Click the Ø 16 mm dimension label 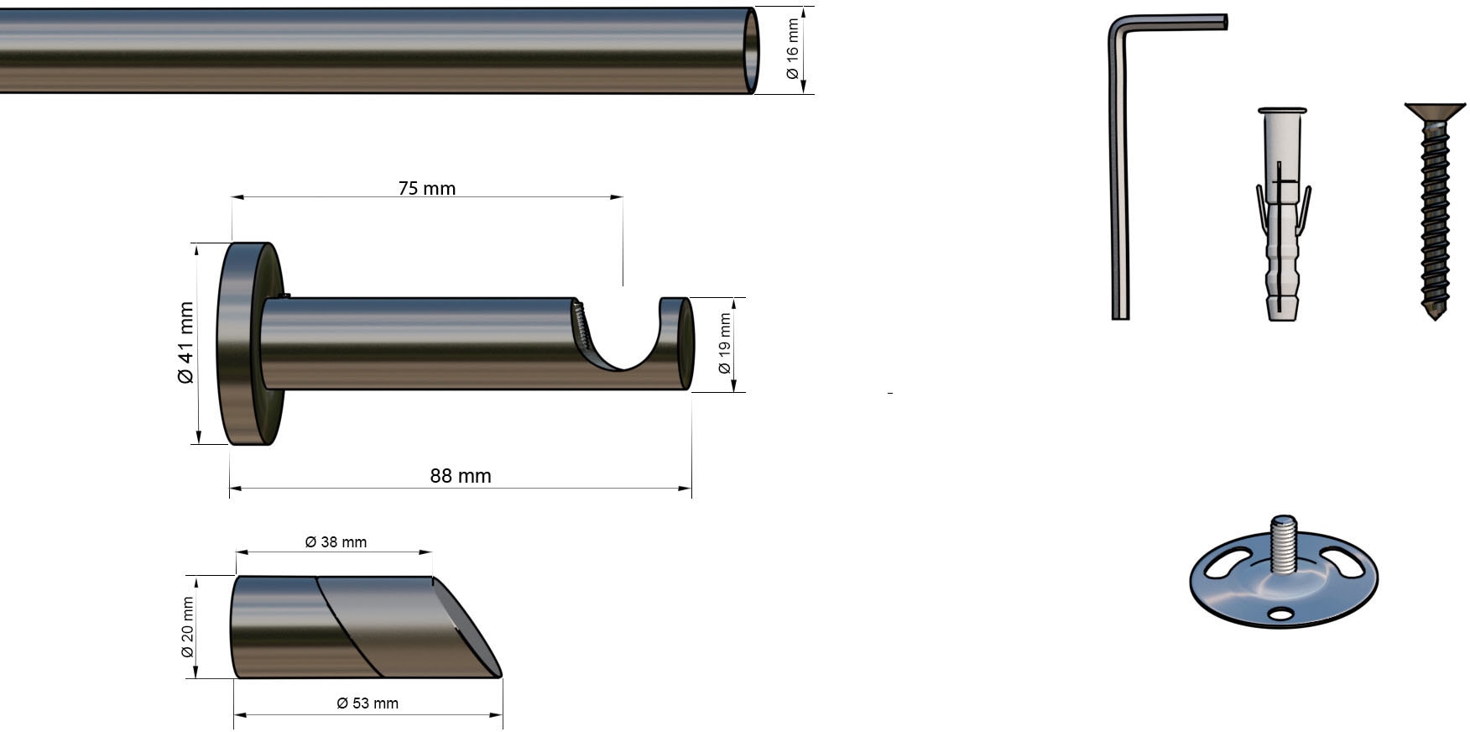792,50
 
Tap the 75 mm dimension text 427,188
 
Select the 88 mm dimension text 461,476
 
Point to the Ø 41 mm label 185,342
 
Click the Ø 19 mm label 725,344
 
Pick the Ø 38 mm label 336,542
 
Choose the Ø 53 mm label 367,703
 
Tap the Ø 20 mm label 188,628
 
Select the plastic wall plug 1282,214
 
